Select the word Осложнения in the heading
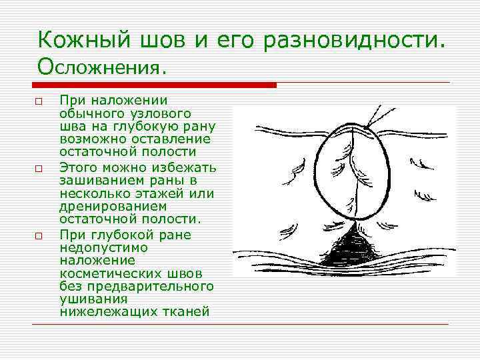(99, 65)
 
